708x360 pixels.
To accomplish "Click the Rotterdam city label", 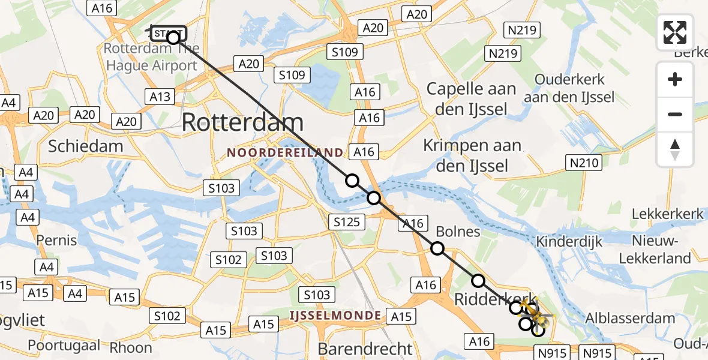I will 242,122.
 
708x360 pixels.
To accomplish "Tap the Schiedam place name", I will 85,146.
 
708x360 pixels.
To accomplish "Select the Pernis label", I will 56,240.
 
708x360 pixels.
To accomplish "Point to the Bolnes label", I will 458,231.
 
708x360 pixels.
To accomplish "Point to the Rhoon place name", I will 131,347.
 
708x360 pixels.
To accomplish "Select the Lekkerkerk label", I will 667,215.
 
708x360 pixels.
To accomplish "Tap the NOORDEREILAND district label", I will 285,153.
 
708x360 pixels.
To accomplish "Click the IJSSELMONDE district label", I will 335,315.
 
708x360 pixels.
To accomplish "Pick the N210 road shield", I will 583,162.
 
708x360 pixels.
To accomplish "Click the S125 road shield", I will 346,222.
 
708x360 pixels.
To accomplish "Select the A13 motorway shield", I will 160,97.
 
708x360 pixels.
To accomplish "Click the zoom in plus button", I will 675,79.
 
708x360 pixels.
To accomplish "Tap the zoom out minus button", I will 675,114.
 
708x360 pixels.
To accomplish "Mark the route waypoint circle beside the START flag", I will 173,38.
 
